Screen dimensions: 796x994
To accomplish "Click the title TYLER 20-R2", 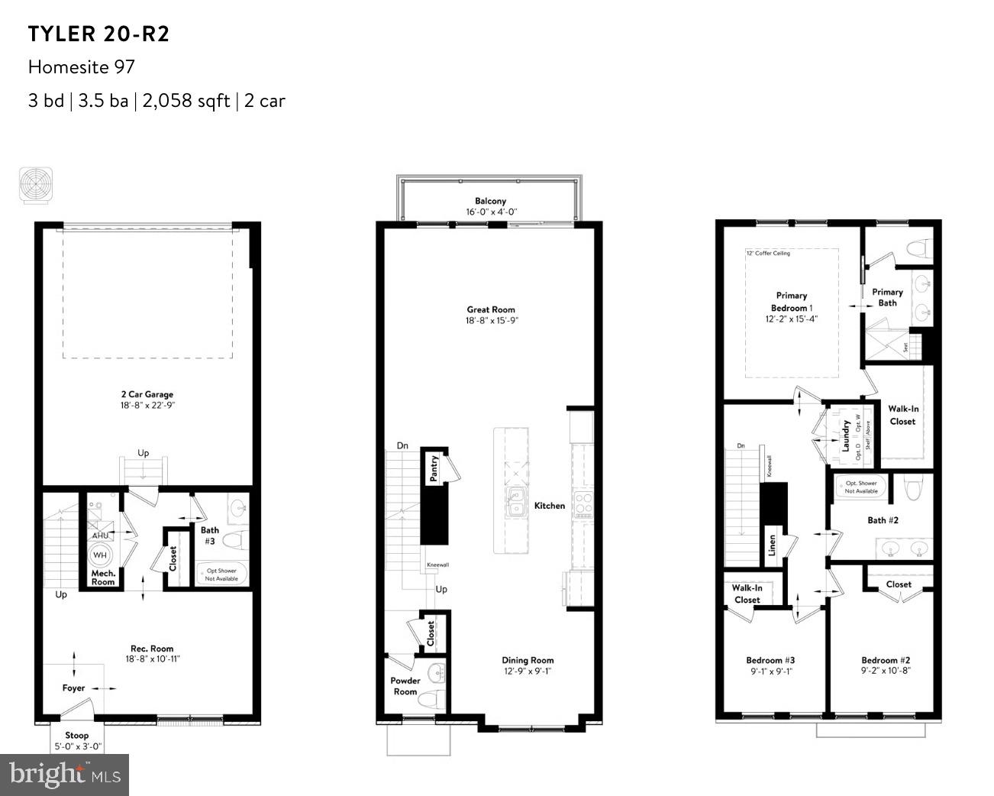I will (x=98, y=34).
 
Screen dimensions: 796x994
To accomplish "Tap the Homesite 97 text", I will (x=82, y=67).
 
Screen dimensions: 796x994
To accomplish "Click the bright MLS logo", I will (x=65, y=775).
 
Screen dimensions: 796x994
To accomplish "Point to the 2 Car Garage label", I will (x=147, y=395).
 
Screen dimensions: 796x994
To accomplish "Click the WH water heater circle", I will (x=100, y=555).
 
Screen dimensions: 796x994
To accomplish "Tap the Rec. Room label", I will (x=152, y=649).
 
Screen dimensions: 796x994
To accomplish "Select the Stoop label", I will (x=76, y=735).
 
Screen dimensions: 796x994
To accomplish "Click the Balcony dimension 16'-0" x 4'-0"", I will (x=492, y=212).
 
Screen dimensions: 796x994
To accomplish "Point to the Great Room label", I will (x=491, y=309).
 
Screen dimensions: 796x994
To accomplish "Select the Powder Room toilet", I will (x=432, y=697).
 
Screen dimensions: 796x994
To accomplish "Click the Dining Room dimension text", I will (x=528, y=671).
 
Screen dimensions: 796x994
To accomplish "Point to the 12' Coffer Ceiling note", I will (x=768, y=253).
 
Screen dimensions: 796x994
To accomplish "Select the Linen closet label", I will (x=772, y=546).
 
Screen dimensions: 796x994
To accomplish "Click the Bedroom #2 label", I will (x=886, y=660).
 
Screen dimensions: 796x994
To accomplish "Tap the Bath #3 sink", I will (x=237, y=506).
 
